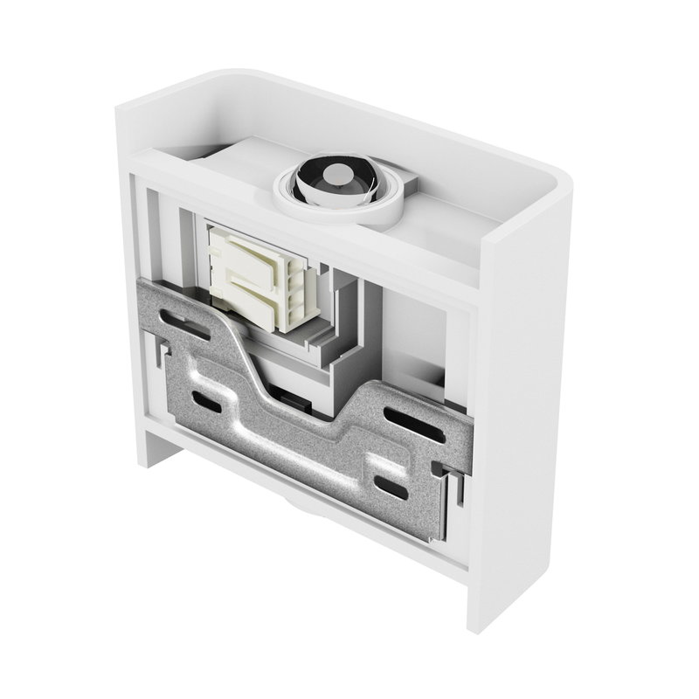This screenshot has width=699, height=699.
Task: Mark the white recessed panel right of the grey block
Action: [411, 332]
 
